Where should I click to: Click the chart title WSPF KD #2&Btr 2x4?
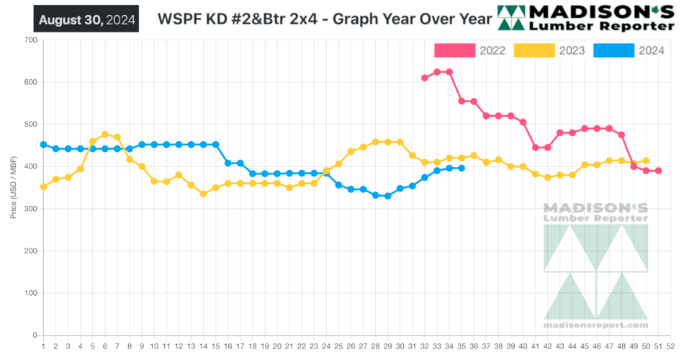[x=318, y=19]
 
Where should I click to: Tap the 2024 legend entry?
[x=629, y=50]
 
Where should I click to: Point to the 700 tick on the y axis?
[x=30, y=40]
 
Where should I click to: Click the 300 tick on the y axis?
[x=30, y=209]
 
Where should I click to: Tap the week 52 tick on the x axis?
[x=671, y=346]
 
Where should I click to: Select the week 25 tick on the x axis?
[x=338, y=346]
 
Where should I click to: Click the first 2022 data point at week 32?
[x=425, y=78]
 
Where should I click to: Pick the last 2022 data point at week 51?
[x=659, y=171]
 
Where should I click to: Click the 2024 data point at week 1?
[x=44, y=145]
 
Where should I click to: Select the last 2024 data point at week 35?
[x=461, y=168]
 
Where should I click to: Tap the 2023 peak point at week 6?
[x=105, y=135]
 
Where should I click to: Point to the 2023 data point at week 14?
[x=204, y=194]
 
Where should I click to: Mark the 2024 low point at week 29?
[x=387, y=196]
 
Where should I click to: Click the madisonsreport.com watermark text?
[x=595, y=325]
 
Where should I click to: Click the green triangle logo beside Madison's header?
[x=512, y=18]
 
